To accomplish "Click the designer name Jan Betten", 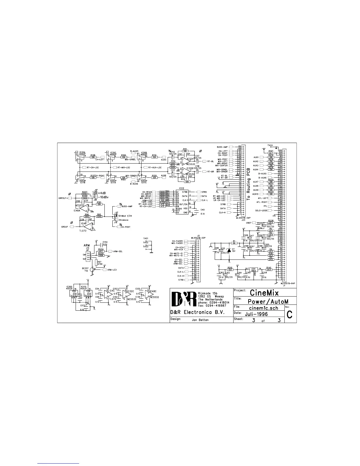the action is tap(200, 320).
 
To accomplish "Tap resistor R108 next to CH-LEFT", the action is tap(93, 157).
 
